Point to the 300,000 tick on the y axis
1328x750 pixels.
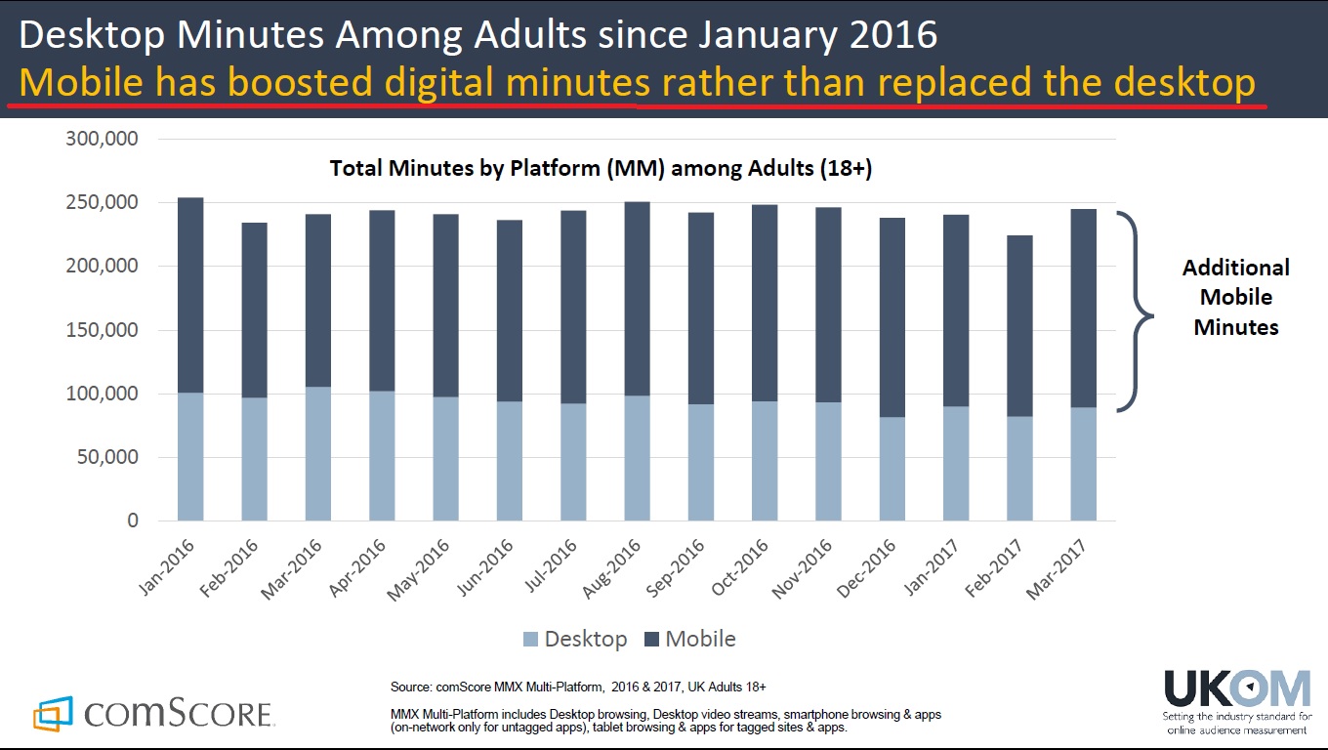coord(102,140)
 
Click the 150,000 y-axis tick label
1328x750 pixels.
coord(102,330)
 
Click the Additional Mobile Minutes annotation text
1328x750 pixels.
coord(1235,297)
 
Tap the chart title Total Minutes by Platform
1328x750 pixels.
coord(601,168)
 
